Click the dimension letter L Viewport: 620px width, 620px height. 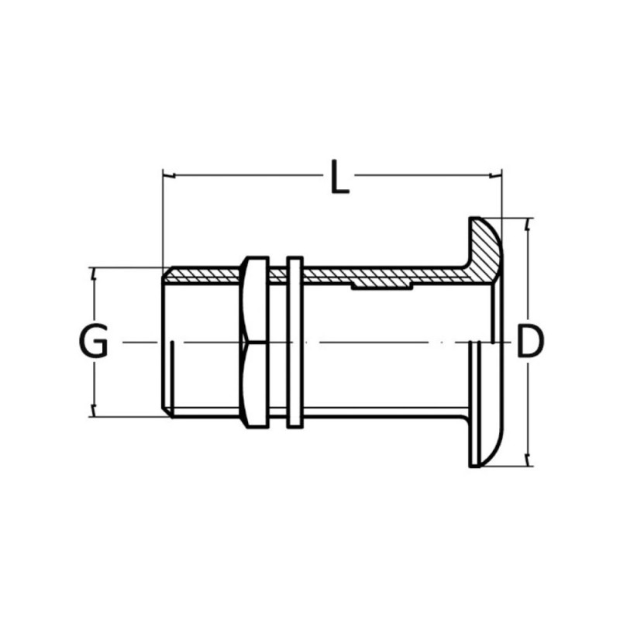point(339,177)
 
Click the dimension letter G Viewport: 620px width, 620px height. point(94,341)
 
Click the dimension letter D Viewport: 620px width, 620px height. point(530,341)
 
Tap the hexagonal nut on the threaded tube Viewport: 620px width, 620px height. point(254,342)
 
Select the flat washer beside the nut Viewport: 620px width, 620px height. point(295,342)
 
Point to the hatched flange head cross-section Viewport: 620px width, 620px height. point(485,250)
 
